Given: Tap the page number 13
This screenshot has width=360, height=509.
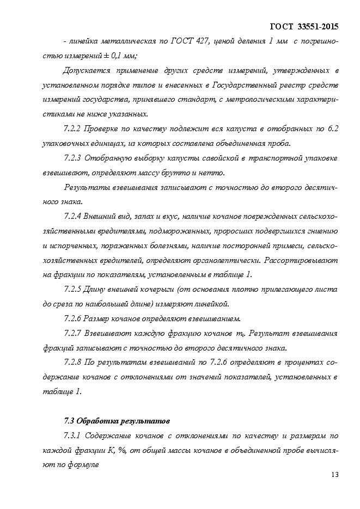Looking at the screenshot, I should pos(334,475).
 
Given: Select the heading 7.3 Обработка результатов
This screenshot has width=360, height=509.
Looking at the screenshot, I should pos(117,420).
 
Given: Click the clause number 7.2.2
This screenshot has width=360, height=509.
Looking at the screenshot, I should pos(72,129).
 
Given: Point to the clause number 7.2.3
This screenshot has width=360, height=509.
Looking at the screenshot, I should pos(72,158).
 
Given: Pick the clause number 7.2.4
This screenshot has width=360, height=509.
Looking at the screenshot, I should pos(72,216).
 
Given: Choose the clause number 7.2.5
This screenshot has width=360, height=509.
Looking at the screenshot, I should pos(72,289).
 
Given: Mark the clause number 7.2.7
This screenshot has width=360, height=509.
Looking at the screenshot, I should pos(72,333).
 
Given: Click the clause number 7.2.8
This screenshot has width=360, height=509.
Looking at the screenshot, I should pos(72,361).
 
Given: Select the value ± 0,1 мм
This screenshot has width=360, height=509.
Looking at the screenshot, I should pos(118,56).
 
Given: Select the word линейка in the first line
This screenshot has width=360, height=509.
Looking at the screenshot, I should pos(86,41).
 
